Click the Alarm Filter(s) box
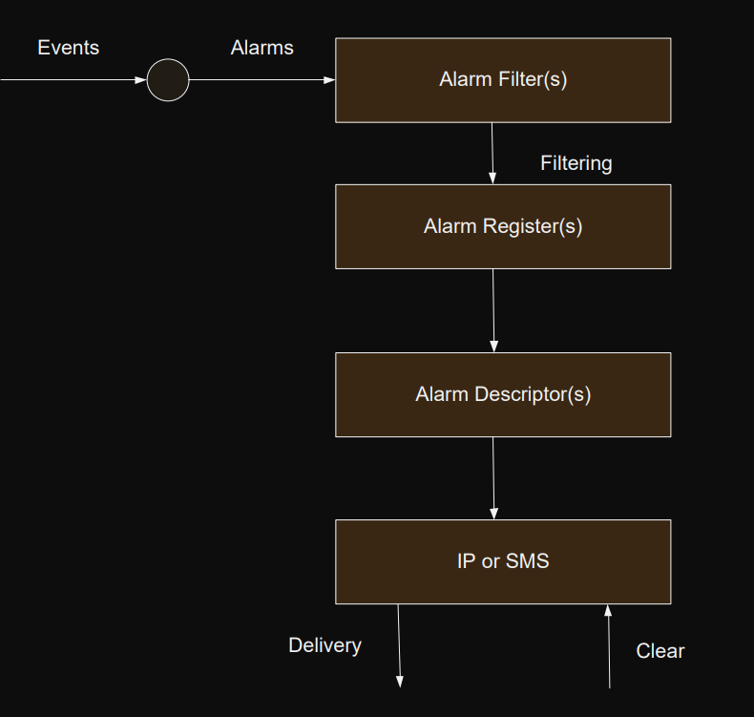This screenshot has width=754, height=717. point(503,80)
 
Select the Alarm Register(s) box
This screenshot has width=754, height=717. point(503,226)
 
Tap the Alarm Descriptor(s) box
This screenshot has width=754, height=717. point(503,394)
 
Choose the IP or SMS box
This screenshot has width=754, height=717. point(503,561)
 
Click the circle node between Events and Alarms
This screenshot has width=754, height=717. point(168,80)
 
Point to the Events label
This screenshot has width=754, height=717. point(68,47)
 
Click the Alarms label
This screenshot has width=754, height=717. point(262,47)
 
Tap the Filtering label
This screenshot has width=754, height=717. point(576,163)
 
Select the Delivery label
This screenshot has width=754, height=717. point(325,645)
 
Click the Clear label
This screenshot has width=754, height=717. point(660,651)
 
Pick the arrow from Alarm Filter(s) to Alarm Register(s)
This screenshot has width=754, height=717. point(492,153)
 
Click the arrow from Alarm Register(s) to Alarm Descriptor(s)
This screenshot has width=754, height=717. point(493,310)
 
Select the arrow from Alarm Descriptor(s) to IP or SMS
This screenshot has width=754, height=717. point(493,477)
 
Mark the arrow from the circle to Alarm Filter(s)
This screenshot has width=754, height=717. point(262,80)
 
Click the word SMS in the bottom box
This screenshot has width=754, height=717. point(528,561)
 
